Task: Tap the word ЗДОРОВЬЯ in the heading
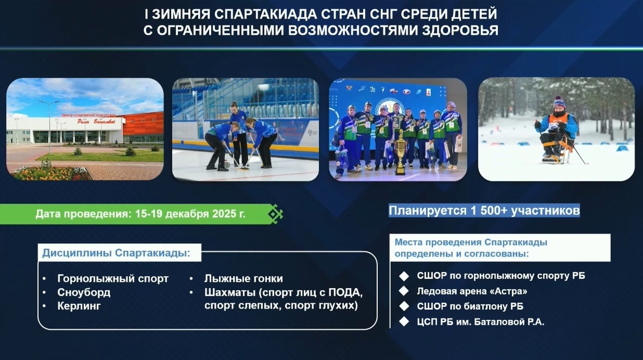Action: tap(460, 31)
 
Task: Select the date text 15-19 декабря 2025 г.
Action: tap(190, 214)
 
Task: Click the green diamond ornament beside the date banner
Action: tap(275, 214)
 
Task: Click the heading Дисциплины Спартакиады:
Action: tap(116, 253)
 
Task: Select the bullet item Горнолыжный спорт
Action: tap(113, 279)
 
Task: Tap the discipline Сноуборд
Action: tap(84, 292)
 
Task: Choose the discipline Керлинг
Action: tap(79, 306)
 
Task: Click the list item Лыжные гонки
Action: tap(243, 279)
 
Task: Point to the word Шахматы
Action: tap(230, 292)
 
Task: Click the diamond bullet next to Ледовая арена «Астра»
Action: tap(404, 291)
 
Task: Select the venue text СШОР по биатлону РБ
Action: tap(470, 306)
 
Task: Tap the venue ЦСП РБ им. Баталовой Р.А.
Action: tap(481, 322)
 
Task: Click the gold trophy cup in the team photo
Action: tap(400, 153)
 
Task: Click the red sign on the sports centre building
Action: tap(96, 122)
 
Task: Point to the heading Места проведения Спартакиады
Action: tap(471, 242)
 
